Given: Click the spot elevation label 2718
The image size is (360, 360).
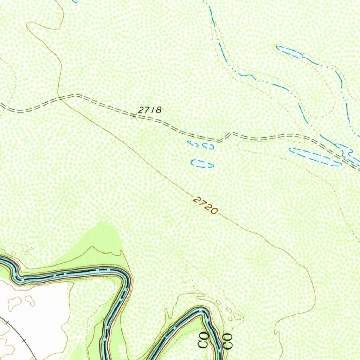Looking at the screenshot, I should click(x=150, y=110).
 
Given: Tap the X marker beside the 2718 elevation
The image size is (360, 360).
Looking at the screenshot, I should click(x=134, y=116).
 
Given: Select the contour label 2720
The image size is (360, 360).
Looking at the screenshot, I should click(x=205, y=206).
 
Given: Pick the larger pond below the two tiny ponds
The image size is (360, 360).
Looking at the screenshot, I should click(x=202, y=163).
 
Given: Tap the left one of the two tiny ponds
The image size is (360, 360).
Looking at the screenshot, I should click(x=193, y=143).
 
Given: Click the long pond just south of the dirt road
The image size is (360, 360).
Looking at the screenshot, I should click(x=315, y=156).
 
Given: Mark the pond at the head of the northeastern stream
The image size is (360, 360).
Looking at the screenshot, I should click(x=289, y=52).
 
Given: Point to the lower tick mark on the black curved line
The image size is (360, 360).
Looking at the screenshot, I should click(x=24, y=340).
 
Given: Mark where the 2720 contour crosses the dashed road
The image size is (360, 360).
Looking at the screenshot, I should click(x=60, y=98).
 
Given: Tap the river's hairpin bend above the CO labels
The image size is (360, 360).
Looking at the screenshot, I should click(x=202, y=311).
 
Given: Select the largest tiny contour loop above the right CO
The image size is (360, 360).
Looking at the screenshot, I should click(x=238, y=316).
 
